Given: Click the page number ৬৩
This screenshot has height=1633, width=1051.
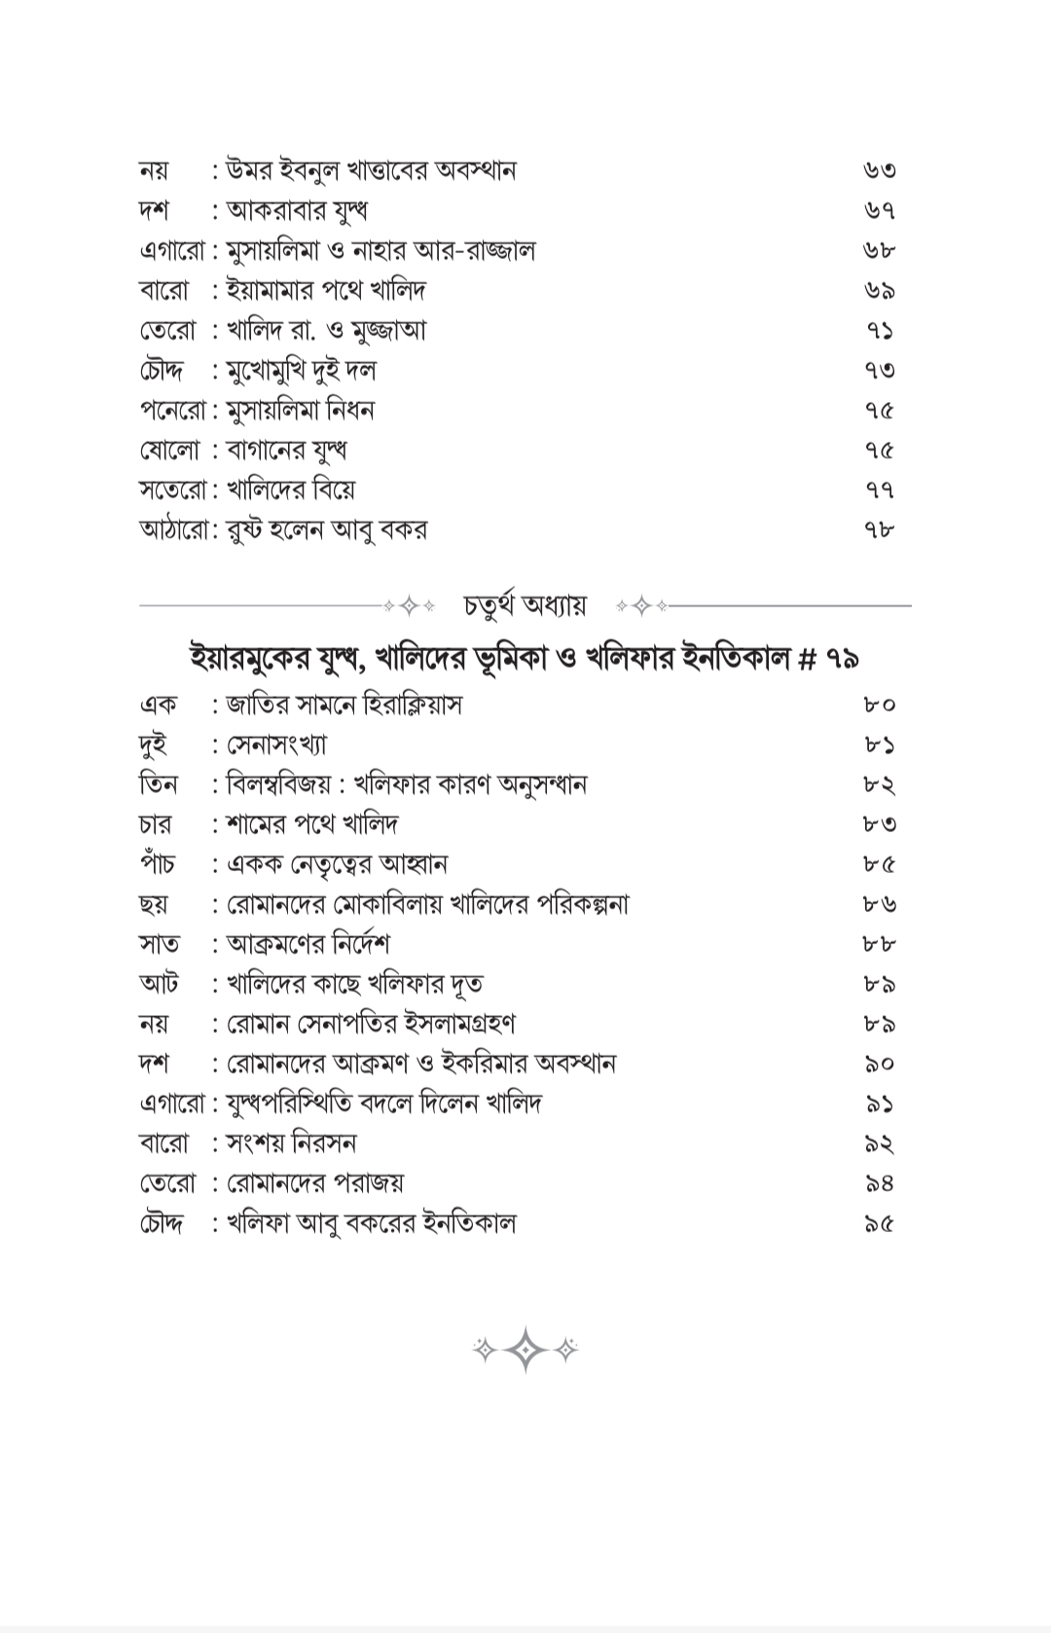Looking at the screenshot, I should pyautogui.click(x=879, y=171).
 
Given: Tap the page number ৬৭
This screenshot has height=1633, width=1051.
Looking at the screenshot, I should pyautogui.click(x=879, y=211).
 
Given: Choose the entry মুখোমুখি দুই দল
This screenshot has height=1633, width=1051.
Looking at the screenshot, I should pyautogui.click(x=301, y=371).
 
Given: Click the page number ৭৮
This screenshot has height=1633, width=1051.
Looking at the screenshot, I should pyautogui.click(x=879, y=530).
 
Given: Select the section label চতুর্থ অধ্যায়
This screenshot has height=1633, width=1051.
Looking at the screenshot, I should pyautogui.click(x=525, y=605).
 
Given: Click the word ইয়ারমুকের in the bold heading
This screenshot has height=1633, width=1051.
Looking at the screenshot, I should pyautogui.click(x=255, y=659).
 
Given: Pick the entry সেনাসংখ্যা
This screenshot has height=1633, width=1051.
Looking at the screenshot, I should pyautogui.click(x=276, y=745).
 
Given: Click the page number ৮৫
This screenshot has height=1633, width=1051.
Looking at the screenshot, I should pyautogui.click(x=879, y=865).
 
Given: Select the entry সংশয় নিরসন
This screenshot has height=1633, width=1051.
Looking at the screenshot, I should pyautogui.click(x=291, y=1143).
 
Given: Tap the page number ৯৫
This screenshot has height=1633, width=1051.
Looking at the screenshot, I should pyautogui.click(x=879, y=1224).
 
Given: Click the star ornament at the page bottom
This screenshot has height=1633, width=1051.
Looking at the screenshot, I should pyautogui.click(x=525, y=1350).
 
